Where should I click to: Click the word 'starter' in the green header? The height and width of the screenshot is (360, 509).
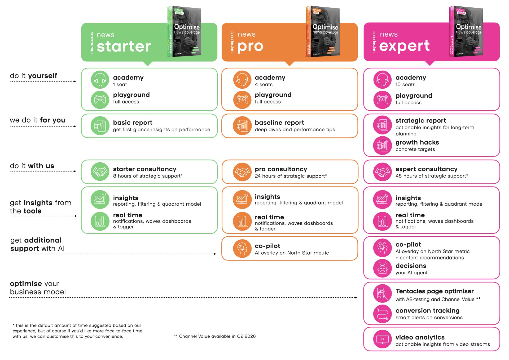[x=124, y=46]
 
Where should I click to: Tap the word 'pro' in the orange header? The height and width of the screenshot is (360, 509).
[x=250, y=46]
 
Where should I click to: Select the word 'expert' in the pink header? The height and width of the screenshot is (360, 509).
[x=404, y=46]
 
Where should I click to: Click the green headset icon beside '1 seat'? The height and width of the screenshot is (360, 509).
[x=100, y=80]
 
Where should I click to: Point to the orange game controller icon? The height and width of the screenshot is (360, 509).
[x=242, y=100]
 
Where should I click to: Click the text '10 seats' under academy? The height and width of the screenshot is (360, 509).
[x=405, y=85]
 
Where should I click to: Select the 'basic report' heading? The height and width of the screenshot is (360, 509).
[x=133, y=123]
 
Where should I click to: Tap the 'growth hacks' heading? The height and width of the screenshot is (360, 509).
[x=417, y=142]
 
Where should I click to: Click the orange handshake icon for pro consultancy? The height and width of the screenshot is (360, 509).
[x=242, y=172]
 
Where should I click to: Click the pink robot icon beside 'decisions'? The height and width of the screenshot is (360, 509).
[x=382, y=268]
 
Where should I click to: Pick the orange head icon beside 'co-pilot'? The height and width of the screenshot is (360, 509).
[x=242, y=249]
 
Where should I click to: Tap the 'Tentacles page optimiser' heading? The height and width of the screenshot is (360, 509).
[x=435, y=291]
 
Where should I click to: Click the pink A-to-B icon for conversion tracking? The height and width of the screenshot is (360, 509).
[x=382, y=314]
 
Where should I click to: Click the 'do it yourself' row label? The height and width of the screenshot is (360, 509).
[x=34, y=76]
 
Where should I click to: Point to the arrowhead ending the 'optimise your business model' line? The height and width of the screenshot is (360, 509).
[x=356, y=298]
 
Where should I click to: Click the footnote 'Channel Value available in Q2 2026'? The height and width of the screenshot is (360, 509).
[x=217, y=336]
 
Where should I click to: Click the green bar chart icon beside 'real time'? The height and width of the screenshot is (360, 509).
[x=100, y=221]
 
